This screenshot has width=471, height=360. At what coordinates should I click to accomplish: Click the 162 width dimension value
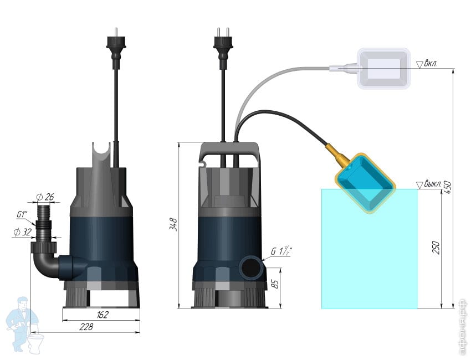click(103, 315)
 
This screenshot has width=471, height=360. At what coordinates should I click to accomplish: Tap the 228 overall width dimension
click(86, 327)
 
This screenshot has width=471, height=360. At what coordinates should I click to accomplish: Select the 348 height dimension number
click(174, 224)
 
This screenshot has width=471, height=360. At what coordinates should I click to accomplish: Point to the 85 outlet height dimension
click(275, 284)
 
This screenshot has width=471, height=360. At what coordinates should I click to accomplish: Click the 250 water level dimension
click(436, 248)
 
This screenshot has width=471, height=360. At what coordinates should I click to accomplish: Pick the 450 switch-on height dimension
click(447, 187)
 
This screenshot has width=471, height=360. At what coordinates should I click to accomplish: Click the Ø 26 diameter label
click(45, 197)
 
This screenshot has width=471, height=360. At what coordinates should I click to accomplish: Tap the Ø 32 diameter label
click(23, 232)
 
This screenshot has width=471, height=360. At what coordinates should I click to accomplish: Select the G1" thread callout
click(22, 215)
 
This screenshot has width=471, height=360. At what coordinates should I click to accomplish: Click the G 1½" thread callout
click(281, 250)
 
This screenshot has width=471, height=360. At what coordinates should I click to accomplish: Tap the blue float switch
click(365, 183)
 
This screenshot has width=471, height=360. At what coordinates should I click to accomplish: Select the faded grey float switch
click(383, 69)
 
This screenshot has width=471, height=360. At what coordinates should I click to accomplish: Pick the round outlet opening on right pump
click(251, 268)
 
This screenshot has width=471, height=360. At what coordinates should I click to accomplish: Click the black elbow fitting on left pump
click(45, 261)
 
